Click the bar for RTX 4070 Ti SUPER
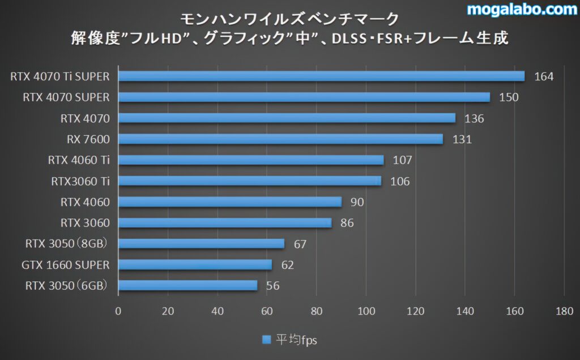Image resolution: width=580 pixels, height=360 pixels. pos(321,76)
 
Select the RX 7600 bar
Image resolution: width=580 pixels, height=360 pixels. pos(280,139)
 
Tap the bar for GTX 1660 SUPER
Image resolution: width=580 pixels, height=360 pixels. pos(195,264)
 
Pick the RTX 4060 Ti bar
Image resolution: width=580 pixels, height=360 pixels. pos(251,160)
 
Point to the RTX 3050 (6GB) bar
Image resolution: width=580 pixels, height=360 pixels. pos(187,285)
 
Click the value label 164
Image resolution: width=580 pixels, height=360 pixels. pos(544,76)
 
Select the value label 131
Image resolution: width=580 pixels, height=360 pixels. pos(462,139)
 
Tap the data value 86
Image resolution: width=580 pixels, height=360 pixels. pos(347,223)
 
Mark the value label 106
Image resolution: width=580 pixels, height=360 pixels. pos(400,181)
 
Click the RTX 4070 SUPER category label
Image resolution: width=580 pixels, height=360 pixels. pos(66,97)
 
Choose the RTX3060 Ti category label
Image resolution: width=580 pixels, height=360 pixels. pos(80,181)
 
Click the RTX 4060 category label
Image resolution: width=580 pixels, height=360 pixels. pos(85,202)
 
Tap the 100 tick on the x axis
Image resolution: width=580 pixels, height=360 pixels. pos(366,310)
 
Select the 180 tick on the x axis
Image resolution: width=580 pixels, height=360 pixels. pos(564,310)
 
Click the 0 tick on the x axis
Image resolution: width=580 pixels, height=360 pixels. pos(118,310)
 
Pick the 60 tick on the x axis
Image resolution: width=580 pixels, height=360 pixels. pos(267,310)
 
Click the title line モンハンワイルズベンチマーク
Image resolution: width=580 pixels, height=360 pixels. pos(289,19)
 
